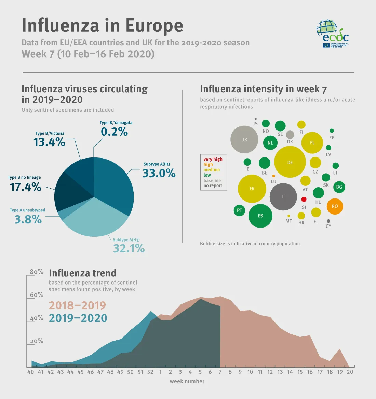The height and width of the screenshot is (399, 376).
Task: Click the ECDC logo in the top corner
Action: pyautogui.click(x=332, y=33)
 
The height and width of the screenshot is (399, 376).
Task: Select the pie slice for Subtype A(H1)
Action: pyautogui.click(x=115, y=184)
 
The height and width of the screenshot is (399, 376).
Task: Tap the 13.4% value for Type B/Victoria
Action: pyautogui.click(x=49, y=142)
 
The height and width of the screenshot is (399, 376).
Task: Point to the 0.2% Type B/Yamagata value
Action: pyautogui.click(x=114, y=132)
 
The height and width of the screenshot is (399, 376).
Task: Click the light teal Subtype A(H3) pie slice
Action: pyautogui.click(x=96, y=219)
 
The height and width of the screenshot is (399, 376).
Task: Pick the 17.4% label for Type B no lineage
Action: pyautogui.click(x=26, y=187)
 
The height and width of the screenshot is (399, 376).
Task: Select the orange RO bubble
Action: pyautogui.click(x=335, y=206)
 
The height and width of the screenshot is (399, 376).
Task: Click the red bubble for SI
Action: pyautogui.click(x=304, y=199)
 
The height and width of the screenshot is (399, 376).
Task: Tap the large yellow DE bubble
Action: pyautogui.click(x=290, y=162)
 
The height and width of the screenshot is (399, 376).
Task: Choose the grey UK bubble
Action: pyautogui.click(x=244, y=140)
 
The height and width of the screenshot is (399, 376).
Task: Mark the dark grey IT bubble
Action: pyautogui.click(x=283, y=197)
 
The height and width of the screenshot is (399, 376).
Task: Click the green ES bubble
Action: pyautogui.click(x=260, y=216)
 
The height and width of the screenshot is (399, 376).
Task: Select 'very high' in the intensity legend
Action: pyautogui.click(x=213, y=159)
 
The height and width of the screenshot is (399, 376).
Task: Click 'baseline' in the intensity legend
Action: pyautogui.click(x=212, y=180)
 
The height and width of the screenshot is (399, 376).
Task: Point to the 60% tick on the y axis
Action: pyautogui.click(x=37, y=295)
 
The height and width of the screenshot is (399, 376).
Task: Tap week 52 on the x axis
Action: pyautogui.click(x=150, y=372)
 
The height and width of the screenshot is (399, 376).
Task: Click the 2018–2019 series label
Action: pyautogui.click(x=77, y=305)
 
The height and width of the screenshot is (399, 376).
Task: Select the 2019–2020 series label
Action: pyautogui.click(x=78, y=318)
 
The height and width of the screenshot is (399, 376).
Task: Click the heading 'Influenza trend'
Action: pyautogui.click(x=82, y=273)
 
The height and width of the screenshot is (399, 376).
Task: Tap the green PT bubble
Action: pyautogui.click(x=239, y=210)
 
